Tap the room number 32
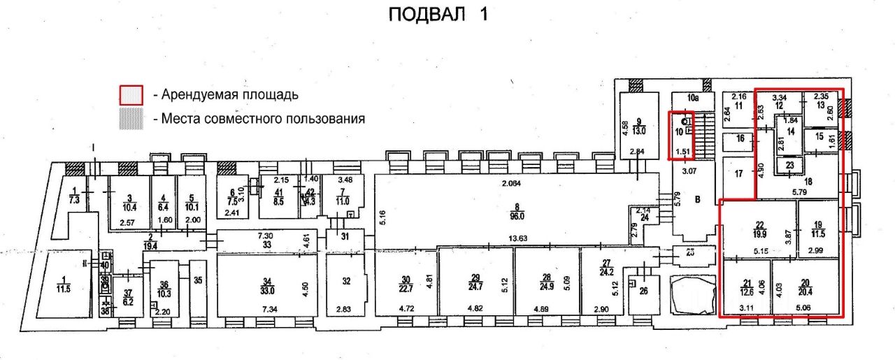[x=346, y=281]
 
